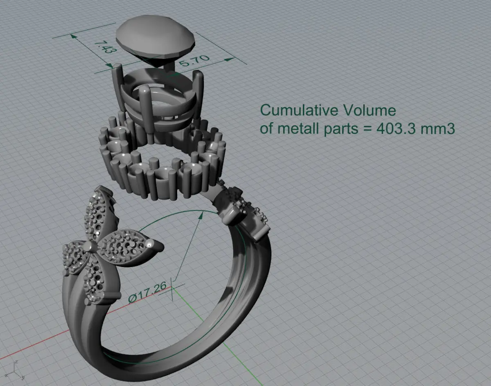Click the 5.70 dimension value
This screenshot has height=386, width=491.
194,61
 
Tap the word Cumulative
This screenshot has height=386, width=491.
299,110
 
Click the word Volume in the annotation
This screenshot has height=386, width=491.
369,110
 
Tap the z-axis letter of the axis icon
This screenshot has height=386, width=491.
16,362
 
